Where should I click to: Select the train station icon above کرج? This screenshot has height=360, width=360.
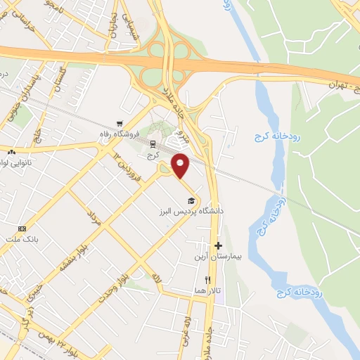[x=153, y=143]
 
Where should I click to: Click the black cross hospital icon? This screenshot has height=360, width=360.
[x=219, y=246]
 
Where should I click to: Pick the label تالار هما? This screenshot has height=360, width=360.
[x=210, y=290]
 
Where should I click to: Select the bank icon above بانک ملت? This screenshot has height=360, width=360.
[x=22, y=229]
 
